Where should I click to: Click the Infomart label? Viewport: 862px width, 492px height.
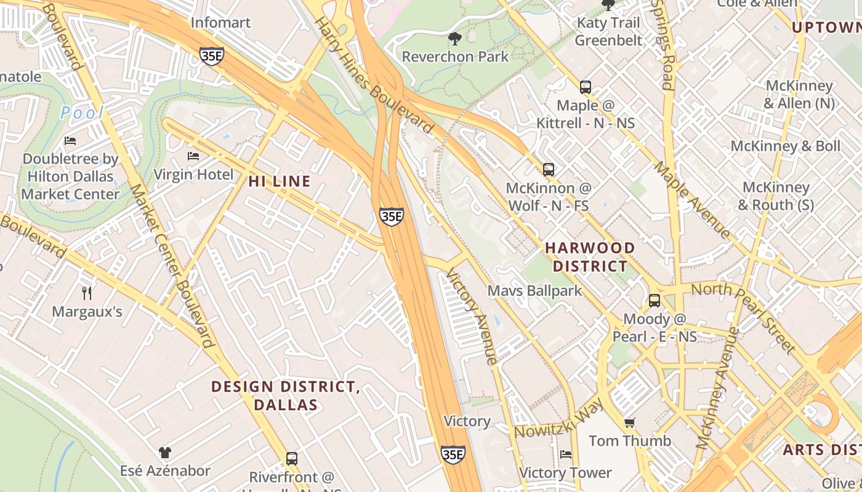point(220,23)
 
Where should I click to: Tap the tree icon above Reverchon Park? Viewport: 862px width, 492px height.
point(455,39)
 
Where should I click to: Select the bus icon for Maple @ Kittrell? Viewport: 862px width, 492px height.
point(585,87)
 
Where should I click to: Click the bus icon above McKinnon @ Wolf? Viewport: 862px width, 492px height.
point(548,170)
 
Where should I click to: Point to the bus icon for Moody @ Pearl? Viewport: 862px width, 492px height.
point(654,301)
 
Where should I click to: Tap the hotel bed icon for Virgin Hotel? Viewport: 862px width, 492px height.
point(193,156)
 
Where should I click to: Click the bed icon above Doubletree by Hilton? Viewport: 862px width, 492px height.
point(70,141)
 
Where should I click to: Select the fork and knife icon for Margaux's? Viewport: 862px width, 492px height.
point(87,293)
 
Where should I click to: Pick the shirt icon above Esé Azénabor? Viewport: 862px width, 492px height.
point(164,453)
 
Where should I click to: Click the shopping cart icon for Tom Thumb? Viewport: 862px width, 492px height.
point(629,423)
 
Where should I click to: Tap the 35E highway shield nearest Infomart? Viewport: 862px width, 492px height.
point(211,55)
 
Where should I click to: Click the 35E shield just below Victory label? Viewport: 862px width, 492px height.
point(453,454)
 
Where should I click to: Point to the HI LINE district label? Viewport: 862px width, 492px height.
point(279,181)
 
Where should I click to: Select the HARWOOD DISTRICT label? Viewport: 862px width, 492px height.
point(590,257)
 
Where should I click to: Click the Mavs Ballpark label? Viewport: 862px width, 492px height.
point(534,290)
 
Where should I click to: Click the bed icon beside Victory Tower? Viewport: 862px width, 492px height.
point(566,454)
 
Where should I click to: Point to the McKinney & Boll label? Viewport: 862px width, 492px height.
point(785,146)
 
